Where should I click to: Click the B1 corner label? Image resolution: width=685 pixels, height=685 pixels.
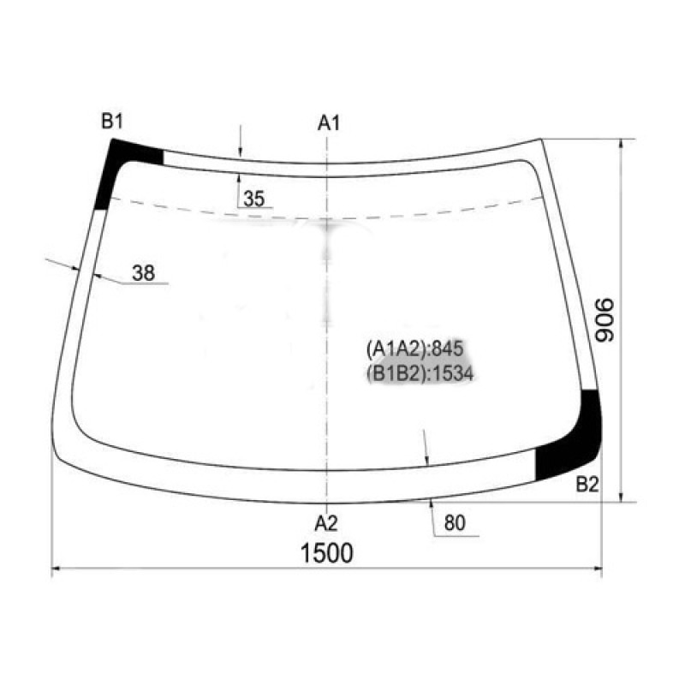click(112, 121)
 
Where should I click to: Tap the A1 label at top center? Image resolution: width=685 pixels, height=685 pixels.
click(329, 122)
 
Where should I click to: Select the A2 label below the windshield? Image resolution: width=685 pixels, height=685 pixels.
click(326, 523)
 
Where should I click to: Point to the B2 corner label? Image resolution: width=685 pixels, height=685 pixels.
click(587, 485)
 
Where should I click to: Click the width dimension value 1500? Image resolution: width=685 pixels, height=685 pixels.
click(327, 552)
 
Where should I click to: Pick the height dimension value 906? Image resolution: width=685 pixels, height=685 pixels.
click(605, 320)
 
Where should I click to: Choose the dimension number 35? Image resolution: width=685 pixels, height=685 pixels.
click(254, 199)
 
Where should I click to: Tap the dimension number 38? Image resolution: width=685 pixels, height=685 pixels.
click(143, 273)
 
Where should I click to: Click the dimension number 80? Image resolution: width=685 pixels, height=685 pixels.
click(455, 523)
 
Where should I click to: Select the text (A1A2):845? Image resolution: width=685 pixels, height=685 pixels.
click(414, 348)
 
